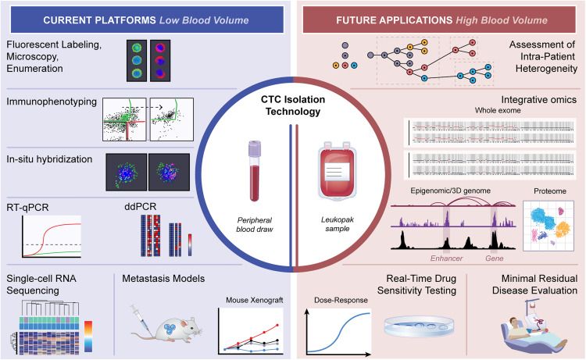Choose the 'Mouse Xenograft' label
point(249,298)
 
